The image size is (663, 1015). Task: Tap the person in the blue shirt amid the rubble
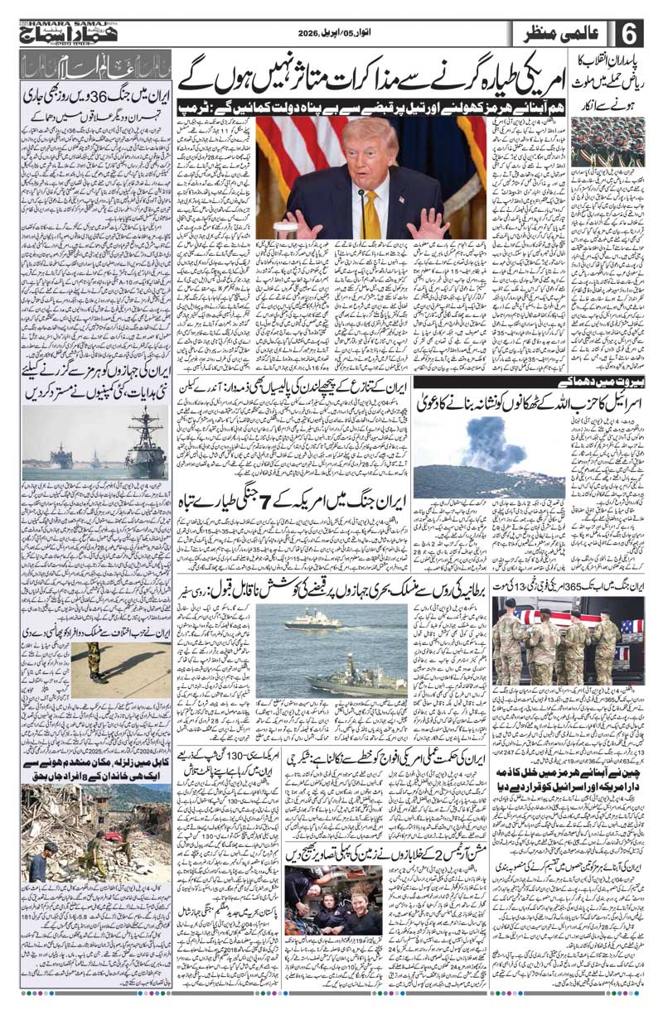point(37,861)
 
